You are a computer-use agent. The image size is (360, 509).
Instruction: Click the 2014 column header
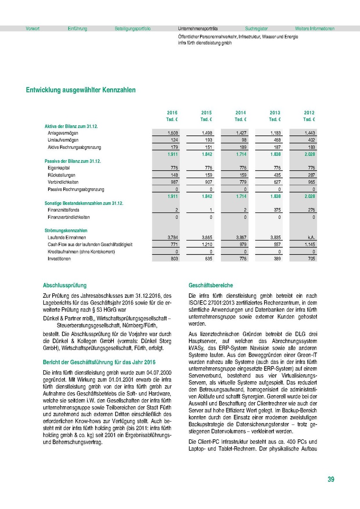[241, 113]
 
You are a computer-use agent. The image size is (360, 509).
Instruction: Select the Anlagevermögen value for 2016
[172, 133]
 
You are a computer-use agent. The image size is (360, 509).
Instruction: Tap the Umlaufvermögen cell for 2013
[275, 140]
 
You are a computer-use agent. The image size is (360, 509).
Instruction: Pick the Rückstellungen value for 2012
[309, 175]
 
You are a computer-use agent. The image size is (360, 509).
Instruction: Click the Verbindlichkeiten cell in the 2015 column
[206, 182]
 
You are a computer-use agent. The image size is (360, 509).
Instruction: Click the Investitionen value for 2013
[275, 258]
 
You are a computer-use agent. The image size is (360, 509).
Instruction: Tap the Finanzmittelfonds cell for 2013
[275, 210]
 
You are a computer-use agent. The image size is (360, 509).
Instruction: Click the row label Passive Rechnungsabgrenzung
[76, 189]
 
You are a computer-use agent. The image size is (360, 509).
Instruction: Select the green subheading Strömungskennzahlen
[63, 230]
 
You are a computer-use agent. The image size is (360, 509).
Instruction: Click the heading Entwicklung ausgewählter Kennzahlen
[81, 90]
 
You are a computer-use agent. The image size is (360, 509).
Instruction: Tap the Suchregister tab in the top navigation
[256, 29]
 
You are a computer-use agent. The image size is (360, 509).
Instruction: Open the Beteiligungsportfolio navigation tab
[132, 29]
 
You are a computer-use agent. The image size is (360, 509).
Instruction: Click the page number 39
[331, 479]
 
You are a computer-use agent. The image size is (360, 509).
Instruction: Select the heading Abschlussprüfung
[65, 285]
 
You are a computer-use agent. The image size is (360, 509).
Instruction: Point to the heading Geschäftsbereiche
[211, 285]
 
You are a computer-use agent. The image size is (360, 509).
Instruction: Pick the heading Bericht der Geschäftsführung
[99, 362]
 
